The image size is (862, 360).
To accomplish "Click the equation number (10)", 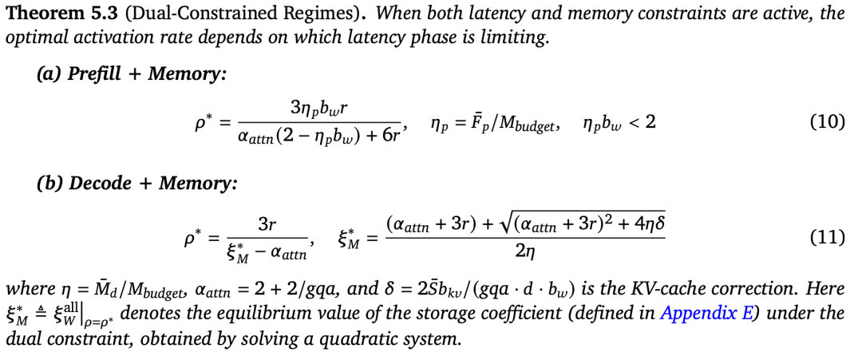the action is (828, 122).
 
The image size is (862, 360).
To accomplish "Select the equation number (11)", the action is (828, 238).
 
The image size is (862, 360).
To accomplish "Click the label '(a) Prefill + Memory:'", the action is (132, 74).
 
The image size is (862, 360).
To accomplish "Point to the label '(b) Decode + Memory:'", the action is (137, 183).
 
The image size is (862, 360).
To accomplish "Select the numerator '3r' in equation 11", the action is (268, 224).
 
